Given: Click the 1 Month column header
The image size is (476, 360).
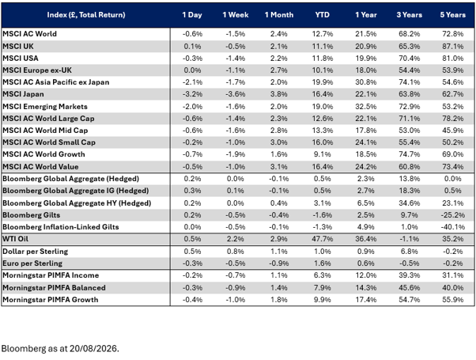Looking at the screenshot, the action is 279,15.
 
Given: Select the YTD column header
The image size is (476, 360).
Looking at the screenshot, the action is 322,15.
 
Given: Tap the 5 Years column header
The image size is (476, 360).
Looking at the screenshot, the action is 452,15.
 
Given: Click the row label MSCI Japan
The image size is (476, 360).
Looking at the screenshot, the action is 23,94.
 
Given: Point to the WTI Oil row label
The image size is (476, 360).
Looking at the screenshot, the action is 15,239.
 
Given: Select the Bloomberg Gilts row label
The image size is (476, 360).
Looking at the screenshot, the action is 32,215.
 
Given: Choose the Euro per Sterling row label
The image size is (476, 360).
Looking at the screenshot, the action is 32,263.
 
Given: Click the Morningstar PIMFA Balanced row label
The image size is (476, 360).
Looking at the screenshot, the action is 54,288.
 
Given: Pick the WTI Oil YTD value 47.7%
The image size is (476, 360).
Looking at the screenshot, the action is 323,239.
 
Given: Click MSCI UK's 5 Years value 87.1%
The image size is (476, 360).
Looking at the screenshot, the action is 452,47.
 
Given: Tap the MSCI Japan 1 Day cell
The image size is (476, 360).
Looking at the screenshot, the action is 192,94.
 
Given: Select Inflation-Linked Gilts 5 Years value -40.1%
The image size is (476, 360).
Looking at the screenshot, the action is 452,227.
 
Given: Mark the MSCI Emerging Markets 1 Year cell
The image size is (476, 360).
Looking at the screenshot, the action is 366,107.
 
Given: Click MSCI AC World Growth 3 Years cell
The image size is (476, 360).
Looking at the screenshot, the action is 410,154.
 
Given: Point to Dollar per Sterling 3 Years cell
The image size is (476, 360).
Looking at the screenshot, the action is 410,252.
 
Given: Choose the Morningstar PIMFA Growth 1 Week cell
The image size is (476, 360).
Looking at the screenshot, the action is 236,300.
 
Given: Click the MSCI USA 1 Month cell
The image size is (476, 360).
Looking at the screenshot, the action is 279,59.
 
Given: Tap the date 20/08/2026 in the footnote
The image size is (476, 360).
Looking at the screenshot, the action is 93,348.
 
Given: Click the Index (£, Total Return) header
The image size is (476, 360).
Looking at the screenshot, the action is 86,15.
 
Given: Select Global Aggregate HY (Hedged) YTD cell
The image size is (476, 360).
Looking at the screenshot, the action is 323,203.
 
